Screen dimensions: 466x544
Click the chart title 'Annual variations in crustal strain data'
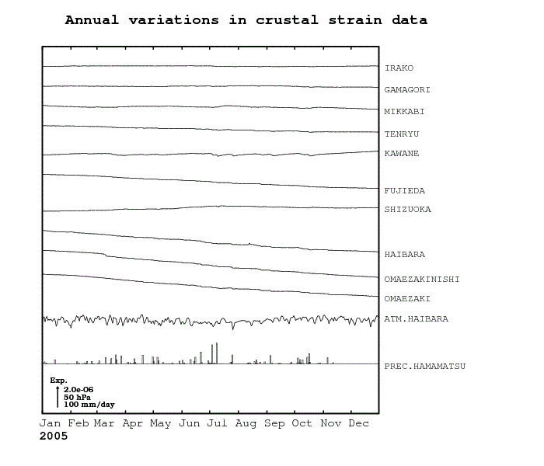(x=246, y=19)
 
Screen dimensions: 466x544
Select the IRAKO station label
(x=399, y=68)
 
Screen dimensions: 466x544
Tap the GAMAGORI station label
(x=407, y=90)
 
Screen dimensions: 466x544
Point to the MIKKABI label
(x=404, y=112)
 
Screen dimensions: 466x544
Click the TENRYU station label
(x=402, y=134)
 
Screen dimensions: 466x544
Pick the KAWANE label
(x=402, y=154)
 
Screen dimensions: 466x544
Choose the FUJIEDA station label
(x=405, y=191)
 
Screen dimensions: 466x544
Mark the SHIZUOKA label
(x=407, y=210)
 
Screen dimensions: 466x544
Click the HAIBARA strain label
(x=405, y=255)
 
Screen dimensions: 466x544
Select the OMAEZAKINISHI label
(x=422, y=280)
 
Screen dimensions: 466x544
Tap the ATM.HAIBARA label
(x=416, y=319)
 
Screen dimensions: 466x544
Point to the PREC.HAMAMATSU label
(x=424, y=366)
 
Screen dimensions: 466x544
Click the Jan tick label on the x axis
(x=51, y=423)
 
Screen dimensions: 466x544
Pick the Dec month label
(x=359, y=423)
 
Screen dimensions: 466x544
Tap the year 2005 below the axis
(x=54, y=436)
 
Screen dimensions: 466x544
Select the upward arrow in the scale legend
(x=58, y=396)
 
